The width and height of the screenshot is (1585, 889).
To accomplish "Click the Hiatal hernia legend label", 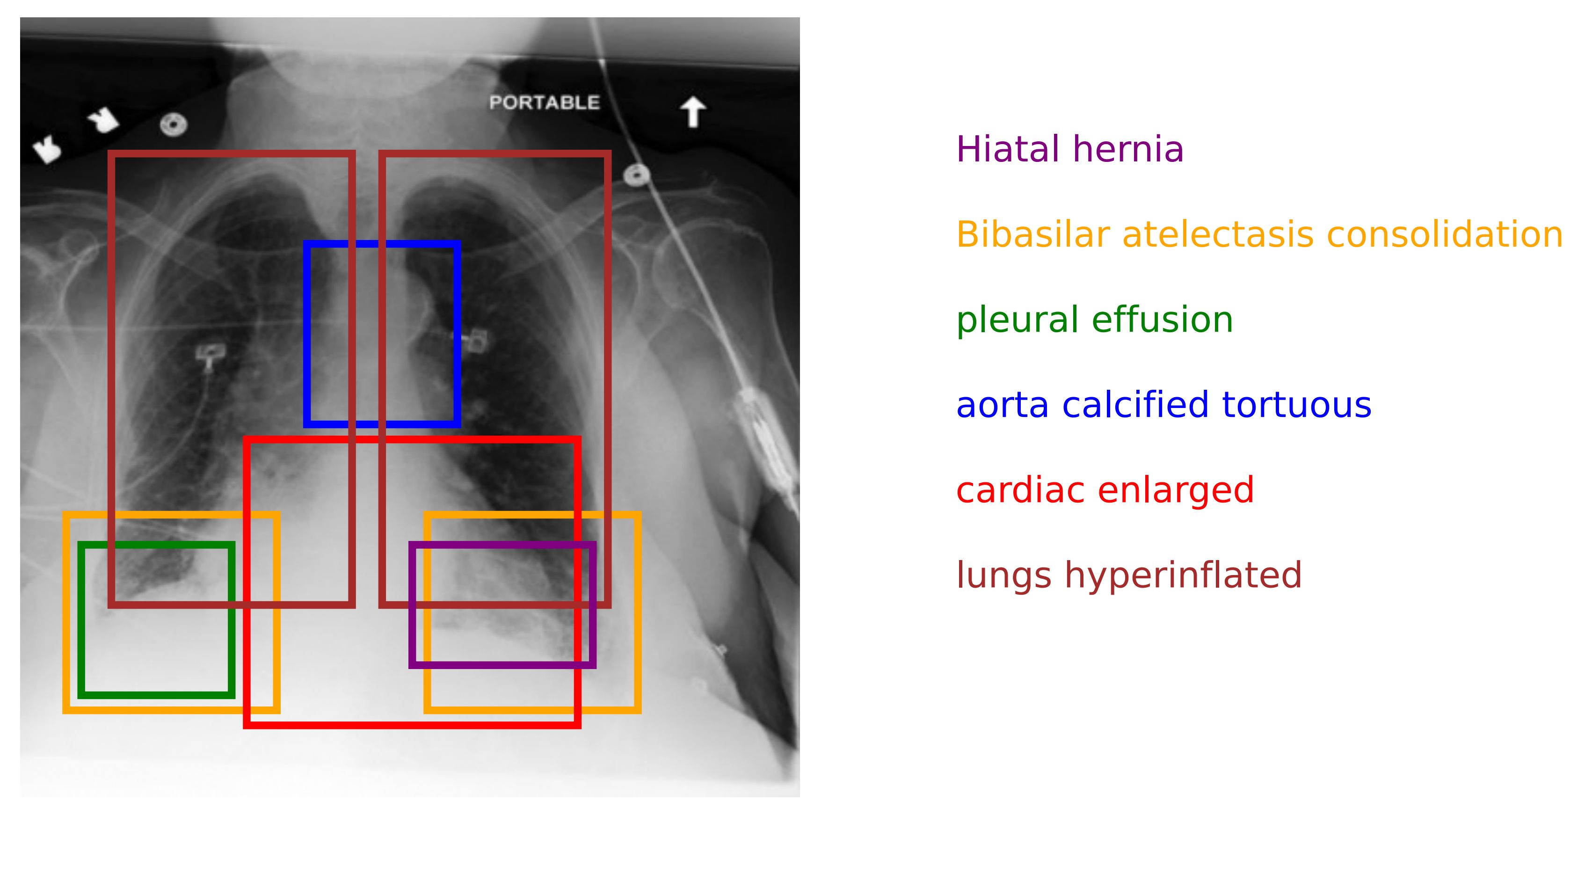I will [x=1069, y=150].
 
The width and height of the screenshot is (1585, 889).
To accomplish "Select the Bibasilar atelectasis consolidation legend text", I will [x=1259, y=234].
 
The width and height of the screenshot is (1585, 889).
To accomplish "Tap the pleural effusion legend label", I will [x=1094, y=320].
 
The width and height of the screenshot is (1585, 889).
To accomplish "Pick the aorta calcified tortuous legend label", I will [x=1163, y=405].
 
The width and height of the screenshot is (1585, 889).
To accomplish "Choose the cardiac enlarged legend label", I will [x=1105, y=490].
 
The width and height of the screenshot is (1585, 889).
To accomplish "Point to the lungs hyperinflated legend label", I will [x=1128, y=575].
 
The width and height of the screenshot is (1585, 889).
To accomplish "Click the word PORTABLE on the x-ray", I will [x=544, y=103].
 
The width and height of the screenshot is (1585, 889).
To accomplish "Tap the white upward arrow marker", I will [x=693, y=111].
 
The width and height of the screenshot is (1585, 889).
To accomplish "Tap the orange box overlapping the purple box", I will [x=638, y=615].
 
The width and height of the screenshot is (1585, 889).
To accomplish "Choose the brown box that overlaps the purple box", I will [x=607, y=369].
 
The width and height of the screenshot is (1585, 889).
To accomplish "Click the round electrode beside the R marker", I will [x=173, y=125].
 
